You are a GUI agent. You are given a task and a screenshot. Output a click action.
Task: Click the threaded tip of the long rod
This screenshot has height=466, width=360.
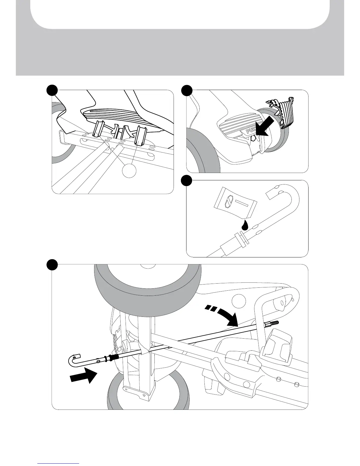point(273,323)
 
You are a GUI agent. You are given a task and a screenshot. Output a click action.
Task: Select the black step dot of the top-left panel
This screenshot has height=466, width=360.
point(52,90)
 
